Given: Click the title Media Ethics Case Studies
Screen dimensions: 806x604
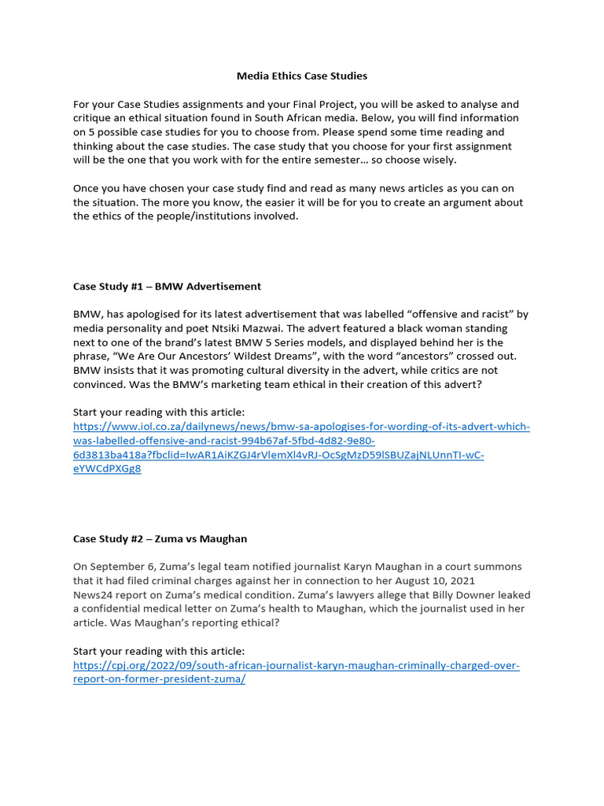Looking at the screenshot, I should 302,76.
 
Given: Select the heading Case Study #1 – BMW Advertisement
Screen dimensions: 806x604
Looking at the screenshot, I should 167,286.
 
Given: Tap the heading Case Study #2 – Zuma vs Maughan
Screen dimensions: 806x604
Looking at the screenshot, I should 160,538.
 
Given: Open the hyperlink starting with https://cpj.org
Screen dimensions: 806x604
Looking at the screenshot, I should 296,665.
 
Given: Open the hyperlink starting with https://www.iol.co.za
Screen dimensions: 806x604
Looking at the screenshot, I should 301,427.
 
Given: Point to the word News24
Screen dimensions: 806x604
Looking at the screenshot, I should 94,595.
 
